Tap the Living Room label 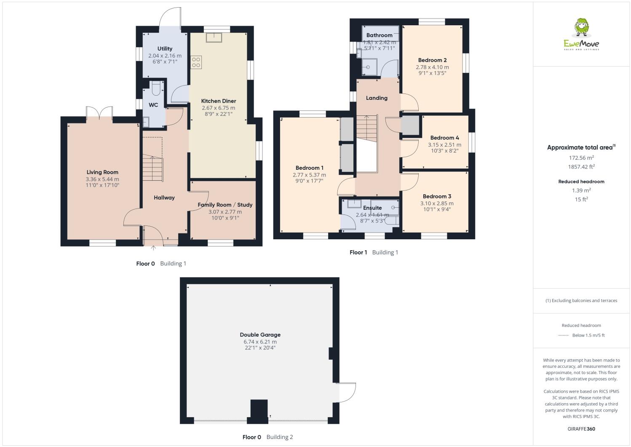[x=102, y=172]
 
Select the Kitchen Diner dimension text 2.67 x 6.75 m [x=218, y=108]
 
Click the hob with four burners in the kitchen [x=196, y=62]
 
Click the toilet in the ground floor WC [x=155, y=88]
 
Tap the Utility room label [x=165, y=49]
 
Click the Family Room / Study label [x=225, y=205]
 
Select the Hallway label [x=164, y=198]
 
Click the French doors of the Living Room [x=100, y=113]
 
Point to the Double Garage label [x=260, y=335]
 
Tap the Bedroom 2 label [x=432, y=60]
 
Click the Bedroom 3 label [x=437, y=196]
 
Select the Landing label [x=377, y=98]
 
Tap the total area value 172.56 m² [x=581, y=158]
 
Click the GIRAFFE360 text [x=581, y=429]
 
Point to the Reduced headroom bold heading [x=581, y=182]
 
